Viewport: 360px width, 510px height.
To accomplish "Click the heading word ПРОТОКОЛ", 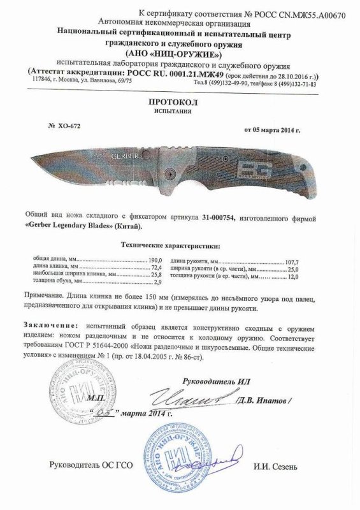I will tap(181, 101).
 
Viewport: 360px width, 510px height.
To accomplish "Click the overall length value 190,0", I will tap(156, 260).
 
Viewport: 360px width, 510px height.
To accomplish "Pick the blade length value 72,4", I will tap(157, 268).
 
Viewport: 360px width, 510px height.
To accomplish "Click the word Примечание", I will tap(51, 298).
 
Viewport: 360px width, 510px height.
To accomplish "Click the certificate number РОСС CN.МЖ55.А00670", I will tap(299, 13).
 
